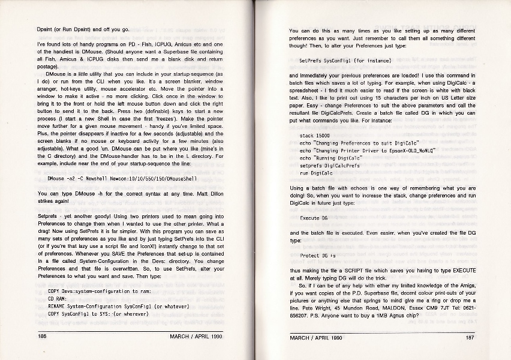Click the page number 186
click(x=43, y=337)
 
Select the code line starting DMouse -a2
click(x=130, y=178)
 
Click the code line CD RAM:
click(x=58, y=298)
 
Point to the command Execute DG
click(x=314, y=218)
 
